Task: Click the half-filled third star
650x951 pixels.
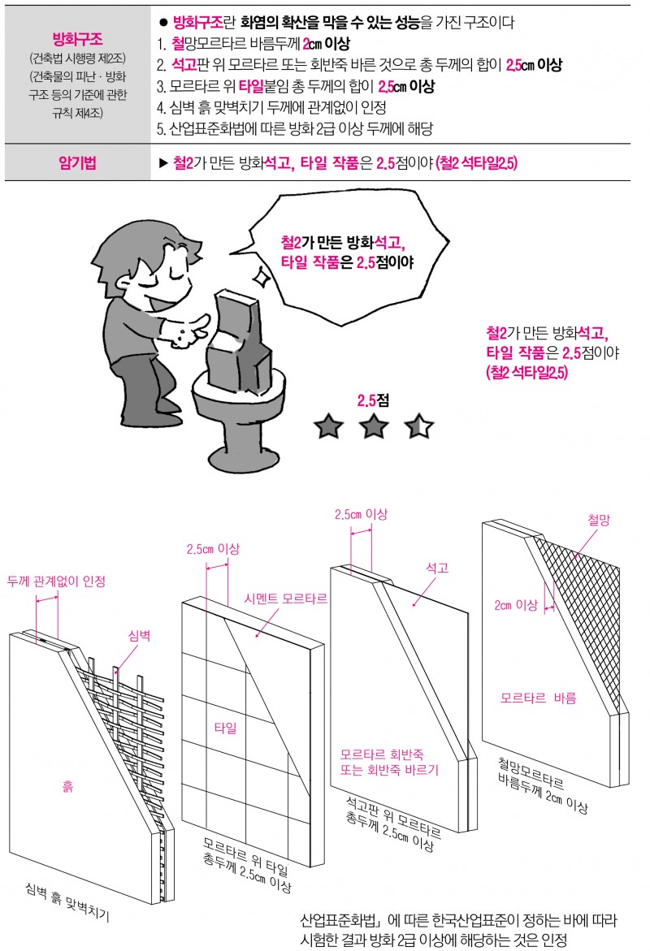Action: click(x=418, y=426)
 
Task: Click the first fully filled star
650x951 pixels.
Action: click(x=328, y=426)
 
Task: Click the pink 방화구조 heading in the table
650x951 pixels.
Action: click(x=78, y=40)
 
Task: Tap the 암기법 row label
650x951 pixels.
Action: click(x=78, y=162)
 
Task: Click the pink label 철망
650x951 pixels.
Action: click(x=599, y=520)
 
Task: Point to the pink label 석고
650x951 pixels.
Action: click(x=437, y=568)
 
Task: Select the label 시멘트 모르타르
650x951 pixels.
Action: click(x=285, y=599)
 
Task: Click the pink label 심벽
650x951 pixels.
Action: click(x=139, y=636)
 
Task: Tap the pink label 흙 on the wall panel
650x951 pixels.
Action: click(x=67, y=787)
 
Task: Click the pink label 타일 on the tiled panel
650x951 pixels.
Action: click(x=225, y=728)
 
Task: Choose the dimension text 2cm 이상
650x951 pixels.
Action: click(x=516, y=605)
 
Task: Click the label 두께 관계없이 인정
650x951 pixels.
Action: click(x=56, y=581)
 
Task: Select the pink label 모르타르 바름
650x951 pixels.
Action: click(x=539, y=698)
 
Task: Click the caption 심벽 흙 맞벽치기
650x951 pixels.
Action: click(x=67, y=902)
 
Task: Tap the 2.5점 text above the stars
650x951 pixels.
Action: click(x=373, y=400)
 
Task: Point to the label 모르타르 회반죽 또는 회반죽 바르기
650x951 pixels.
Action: click(x=389, y=763)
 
